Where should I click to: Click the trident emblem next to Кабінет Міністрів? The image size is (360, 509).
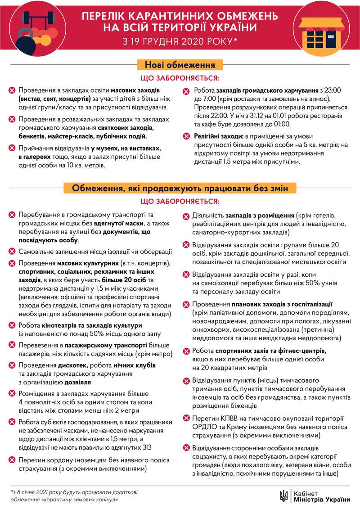[283, 495]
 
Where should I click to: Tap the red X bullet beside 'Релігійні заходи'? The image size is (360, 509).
[186, 136]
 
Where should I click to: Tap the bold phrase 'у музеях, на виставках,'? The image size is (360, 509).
[125, 148]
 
